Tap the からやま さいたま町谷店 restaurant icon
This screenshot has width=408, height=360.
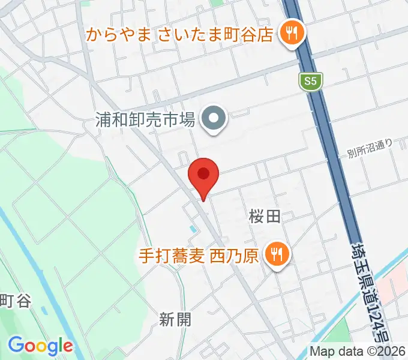pyautogui.click(x=292, y=33)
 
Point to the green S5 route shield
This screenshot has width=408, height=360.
pyautogui.click(x=310, y=81)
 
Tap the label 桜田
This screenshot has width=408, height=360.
pyautogui.click(x=265, y=217)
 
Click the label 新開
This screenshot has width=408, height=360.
pyautogui.click(x=176, y=320)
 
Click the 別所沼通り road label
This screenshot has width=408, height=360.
pyautogui.click(x=370, y=149)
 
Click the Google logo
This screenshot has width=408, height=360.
pyautogui.click(x=40, y=345)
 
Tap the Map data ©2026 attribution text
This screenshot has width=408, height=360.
pyautogui.click(x=358, y=351)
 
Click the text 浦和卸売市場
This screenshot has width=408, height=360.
pyautogui.click(x=145, y=119)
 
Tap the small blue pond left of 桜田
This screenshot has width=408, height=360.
pyautogui.click(x=192, y=229)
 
